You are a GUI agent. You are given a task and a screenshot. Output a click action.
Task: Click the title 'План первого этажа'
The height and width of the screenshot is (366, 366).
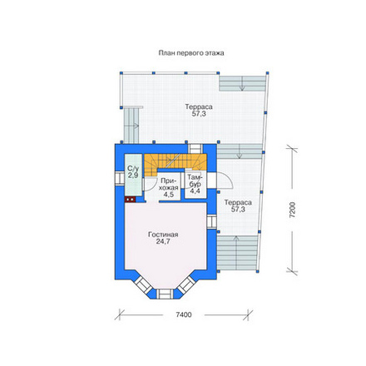(191, 53)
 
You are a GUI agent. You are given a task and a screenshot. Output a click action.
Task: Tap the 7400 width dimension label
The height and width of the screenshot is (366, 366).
(184, 315)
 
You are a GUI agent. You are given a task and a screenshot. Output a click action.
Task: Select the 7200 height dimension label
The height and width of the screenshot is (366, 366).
(293, 210)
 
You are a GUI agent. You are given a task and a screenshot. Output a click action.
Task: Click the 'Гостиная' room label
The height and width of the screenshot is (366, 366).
(163, 235)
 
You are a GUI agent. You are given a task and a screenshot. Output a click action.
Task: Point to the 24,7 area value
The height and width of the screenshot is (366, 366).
(163, 241)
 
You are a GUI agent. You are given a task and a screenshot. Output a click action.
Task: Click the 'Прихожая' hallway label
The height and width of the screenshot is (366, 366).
(170, 185)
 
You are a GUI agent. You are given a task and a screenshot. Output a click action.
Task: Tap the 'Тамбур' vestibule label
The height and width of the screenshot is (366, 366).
(195, 181)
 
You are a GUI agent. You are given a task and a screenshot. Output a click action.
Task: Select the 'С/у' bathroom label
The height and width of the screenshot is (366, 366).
(133, 168)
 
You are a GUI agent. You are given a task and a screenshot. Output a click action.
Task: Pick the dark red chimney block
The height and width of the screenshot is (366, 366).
(130, 199)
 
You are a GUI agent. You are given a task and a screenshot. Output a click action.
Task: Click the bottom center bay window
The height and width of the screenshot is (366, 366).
(166, 294)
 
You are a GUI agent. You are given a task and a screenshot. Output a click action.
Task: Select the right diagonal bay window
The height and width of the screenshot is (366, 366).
(187, 285)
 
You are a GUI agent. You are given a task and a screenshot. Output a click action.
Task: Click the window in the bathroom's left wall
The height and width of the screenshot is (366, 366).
(120, 179)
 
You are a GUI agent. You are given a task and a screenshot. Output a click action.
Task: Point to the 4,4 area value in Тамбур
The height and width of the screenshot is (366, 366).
(195, 191)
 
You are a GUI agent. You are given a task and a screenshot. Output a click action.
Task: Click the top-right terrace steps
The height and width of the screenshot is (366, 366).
(242, 83)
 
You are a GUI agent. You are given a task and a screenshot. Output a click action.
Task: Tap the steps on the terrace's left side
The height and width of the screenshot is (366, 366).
(131, 125)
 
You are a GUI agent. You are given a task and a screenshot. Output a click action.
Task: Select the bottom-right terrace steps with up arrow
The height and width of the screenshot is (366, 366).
(237, 253)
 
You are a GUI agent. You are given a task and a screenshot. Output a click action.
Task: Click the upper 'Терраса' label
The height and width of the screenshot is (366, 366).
(199, 106)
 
